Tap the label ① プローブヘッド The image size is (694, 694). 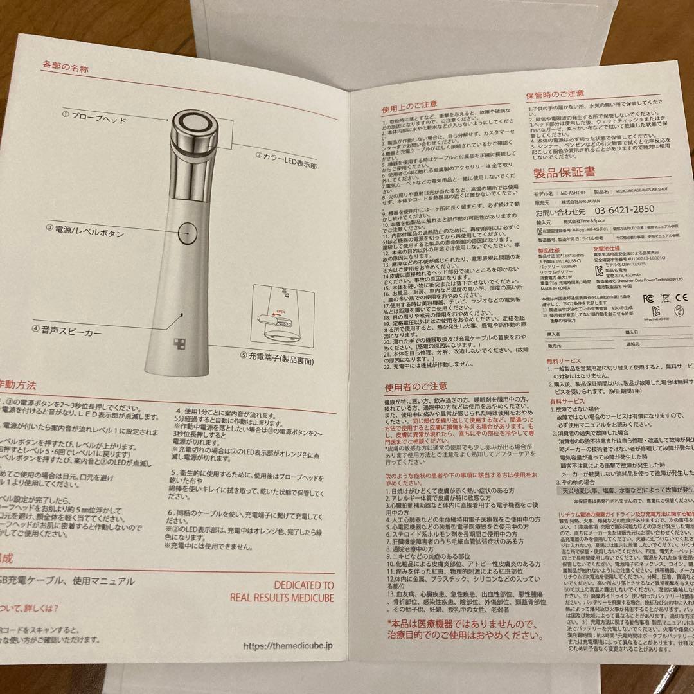coord(94,118)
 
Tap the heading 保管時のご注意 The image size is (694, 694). coord(555,93)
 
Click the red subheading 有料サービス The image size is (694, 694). coord(564,400)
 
